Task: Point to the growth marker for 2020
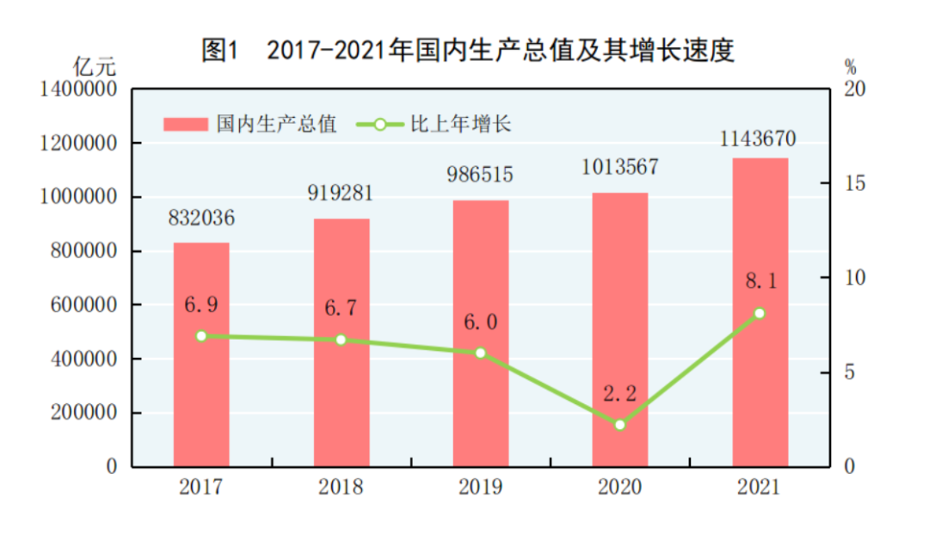click(x=620, y=424)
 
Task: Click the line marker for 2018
click(x=341, y=340)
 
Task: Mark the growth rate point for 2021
click(x=760, y=313)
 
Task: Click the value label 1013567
click(x=620, y=167)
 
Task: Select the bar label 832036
click(x=201, y=218)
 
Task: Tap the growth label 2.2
click(x=620, y=394)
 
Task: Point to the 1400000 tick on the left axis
click(x=78, y=89)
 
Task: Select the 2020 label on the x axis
click(x=620, y=488)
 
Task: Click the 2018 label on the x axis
click(x=341, y=488)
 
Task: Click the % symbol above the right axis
click(x=850, y=66)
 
